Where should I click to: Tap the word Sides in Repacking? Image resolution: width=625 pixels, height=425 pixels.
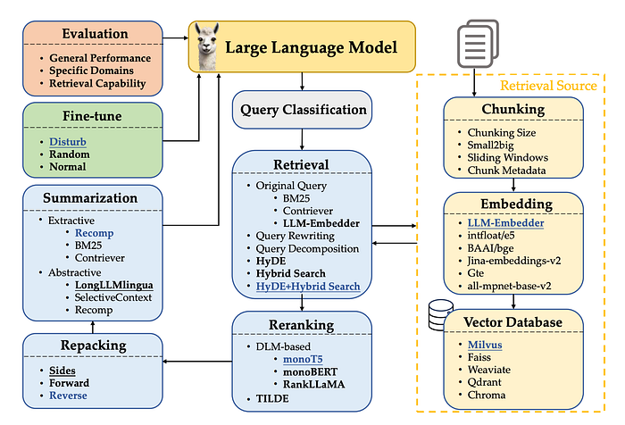[x=62, y=370]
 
